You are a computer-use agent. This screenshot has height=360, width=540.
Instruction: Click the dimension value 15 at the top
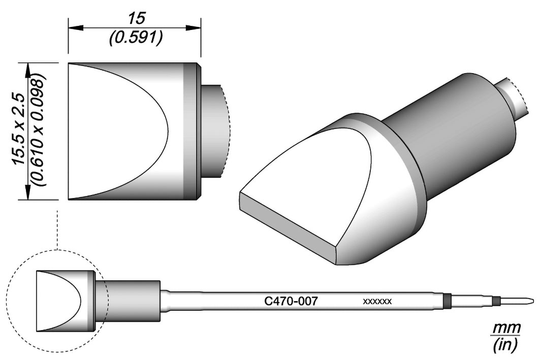click(x=136, y=18)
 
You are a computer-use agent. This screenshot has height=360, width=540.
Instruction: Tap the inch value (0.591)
click(x=136, y=39)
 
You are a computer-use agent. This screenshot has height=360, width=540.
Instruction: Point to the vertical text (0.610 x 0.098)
click(x=37, y=130)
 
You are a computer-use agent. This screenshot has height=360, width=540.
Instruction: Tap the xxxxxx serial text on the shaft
click(x=377, y=302)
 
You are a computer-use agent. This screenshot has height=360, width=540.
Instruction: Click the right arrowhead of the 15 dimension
click(x=194, y=27)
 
